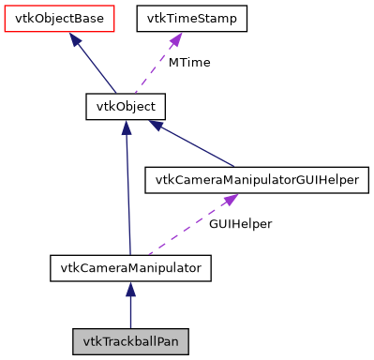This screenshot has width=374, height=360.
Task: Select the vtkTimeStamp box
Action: (192, 18)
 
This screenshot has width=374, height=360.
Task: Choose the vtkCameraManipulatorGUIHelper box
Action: (252, 180)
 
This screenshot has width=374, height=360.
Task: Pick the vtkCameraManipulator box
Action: (130, 268)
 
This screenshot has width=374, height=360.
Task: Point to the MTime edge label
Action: (188, 63)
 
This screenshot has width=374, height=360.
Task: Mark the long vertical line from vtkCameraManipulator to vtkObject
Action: (127, 197)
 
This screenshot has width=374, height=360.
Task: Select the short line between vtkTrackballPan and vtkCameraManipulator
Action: (130, 309)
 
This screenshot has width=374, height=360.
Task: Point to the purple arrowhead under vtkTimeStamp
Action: (176, 40)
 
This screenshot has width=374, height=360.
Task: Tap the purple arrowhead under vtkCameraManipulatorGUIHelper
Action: (229, 201)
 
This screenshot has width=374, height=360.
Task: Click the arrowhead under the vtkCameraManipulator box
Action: (130, 291)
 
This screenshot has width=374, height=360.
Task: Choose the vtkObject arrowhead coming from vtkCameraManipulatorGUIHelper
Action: (157, 126)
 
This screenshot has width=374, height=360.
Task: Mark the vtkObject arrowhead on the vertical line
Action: (126, 127)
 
